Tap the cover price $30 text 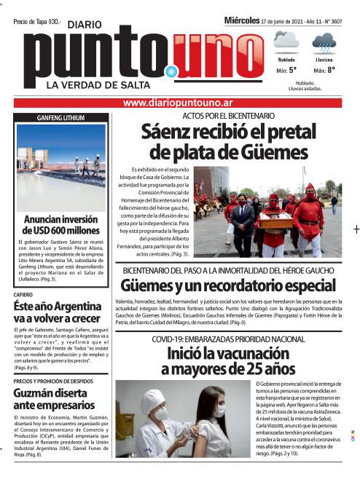coord(37,22)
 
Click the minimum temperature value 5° coord(292,71)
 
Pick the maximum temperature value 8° coord(330,71)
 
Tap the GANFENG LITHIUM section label coord(60,118)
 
